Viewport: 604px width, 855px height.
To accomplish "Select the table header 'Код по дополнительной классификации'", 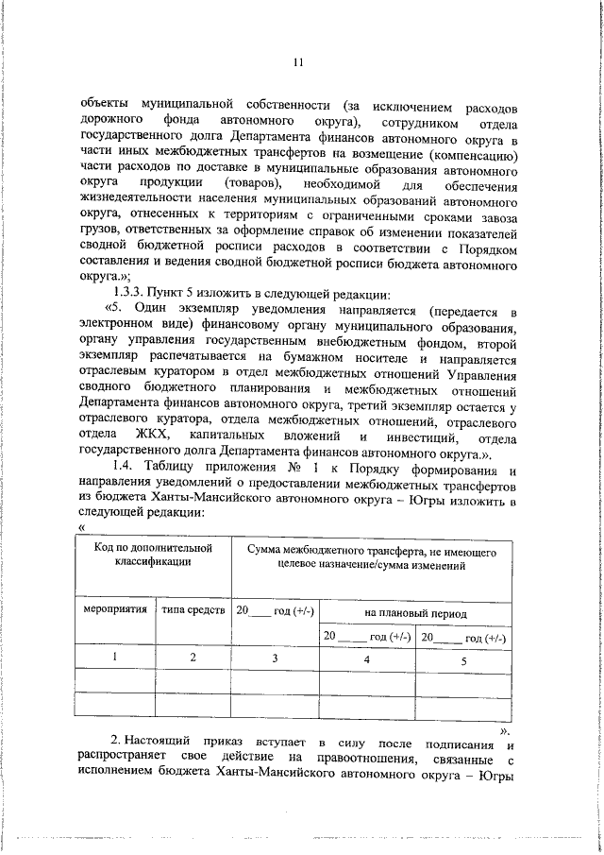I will (153, 555).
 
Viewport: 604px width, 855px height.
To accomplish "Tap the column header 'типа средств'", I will (193, 610).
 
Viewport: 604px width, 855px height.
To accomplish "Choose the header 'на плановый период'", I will (415, 613).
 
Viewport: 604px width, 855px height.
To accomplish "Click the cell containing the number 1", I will (114, 658).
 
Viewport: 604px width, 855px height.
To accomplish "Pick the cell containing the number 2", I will (193, 658).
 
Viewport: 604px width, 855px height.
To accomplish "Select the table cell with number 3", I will (275, 658).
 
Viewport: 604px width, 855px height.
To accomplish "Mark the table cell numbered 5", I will (463, 660).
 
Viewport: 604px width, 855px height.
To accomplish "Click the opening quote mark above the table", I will (84, 527).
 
